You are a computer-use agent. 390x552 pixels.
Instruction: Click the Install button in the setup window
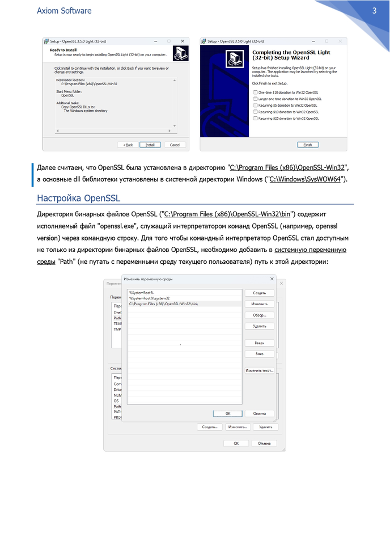150,145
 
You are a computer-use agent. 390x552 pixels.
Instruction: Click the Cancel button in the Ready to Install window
175,145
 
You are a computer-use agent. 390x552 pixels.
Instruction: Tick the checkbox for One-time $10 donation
256,92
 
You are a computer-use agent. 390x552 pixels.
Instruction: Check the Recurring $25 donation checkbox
256,119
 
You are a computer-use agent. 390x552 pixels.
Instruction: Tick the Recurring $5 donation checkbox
256,105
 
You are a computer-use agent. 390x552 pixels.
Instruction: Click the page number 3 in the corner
375,11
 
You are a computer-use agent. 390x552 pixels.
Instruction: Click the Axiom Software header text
64,11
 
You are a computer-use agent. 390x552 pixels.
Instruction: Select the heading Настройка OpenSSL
78,198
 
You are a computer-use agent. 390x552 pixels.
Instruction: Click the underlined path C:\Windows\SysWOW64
304,180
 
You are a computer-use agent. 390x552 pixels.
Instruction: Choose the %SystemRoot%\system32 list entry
150,298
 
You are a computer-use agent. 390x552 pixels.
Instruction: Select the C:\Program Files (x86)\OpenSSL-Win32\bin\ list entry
164,304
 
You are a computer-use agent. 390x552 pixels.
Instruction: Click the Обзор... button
260,315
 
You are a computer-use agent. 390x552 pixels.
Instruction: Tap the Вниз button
260,353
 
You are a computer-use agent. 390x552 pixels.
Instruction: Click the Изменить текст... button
260,370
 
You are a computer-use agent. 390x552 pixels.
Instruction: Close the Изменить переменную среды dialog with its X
272,279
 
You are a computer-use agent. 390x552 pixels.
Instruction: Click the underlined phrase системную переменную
311,250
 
